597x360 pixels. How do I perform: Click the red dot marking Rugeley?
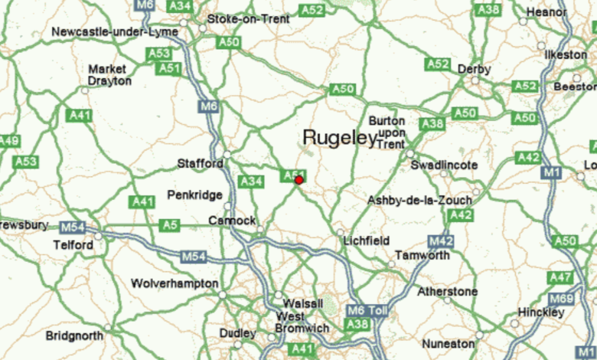point(298,180)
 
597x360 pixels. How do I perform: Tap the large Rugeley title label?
point(339,137)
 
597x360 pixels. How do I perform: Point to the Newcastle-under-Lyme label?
point(115,32)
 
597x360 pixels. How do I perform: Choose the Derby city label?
point(474,69)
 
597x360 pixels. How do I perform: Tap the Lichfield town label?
point(367,241)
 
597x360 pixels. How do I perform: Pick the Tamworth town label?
point(422,255)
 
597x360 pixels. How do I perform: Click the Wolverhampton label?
point(175,283)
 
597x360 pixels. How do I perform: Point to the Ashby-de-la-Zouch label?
point(419,201)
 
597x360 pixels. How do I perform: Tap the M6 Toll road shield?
point(367,310)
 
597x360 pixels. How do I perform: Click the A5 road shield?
point(169,225)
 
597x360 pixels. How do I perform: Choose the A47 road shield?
point(560,277)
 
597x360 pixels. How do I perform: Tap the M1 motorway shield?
point(551,174)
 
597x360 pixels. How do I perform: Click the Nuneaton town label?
point(449,344)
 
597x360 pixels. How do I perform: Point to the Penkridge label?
point(195,195)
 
